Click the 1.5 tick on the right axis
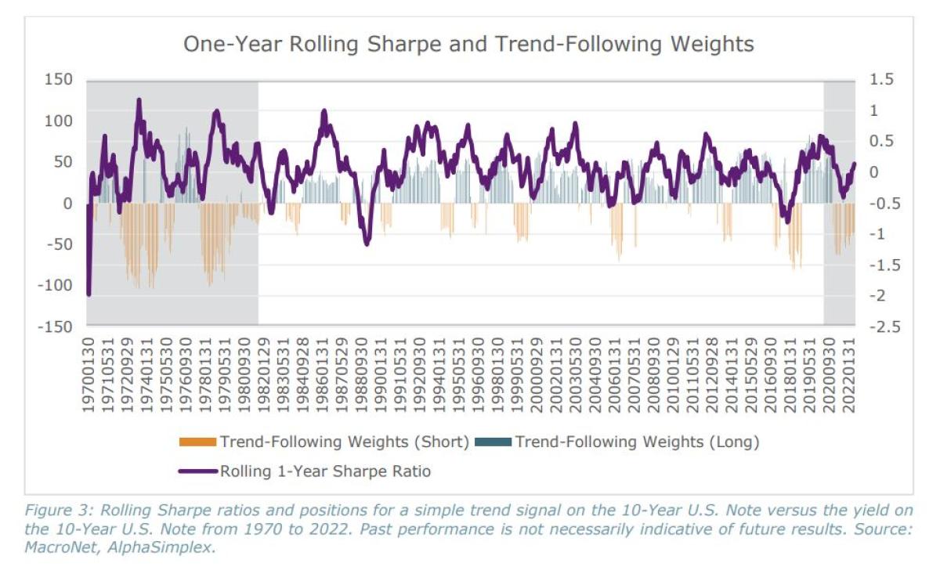(x=880, y=80)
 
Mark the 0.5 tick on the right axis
(x=880, y=141)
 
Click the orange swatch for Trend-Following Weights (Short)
(x=197, y=442)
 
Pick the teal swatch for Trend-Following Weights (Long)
(x=492, y=442)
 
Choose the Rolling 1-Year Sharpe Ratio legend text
(x=325, y=471)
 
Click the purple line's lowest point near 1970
(x=89, y=294)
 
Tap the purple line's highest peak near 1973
(x=139, y=100)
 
